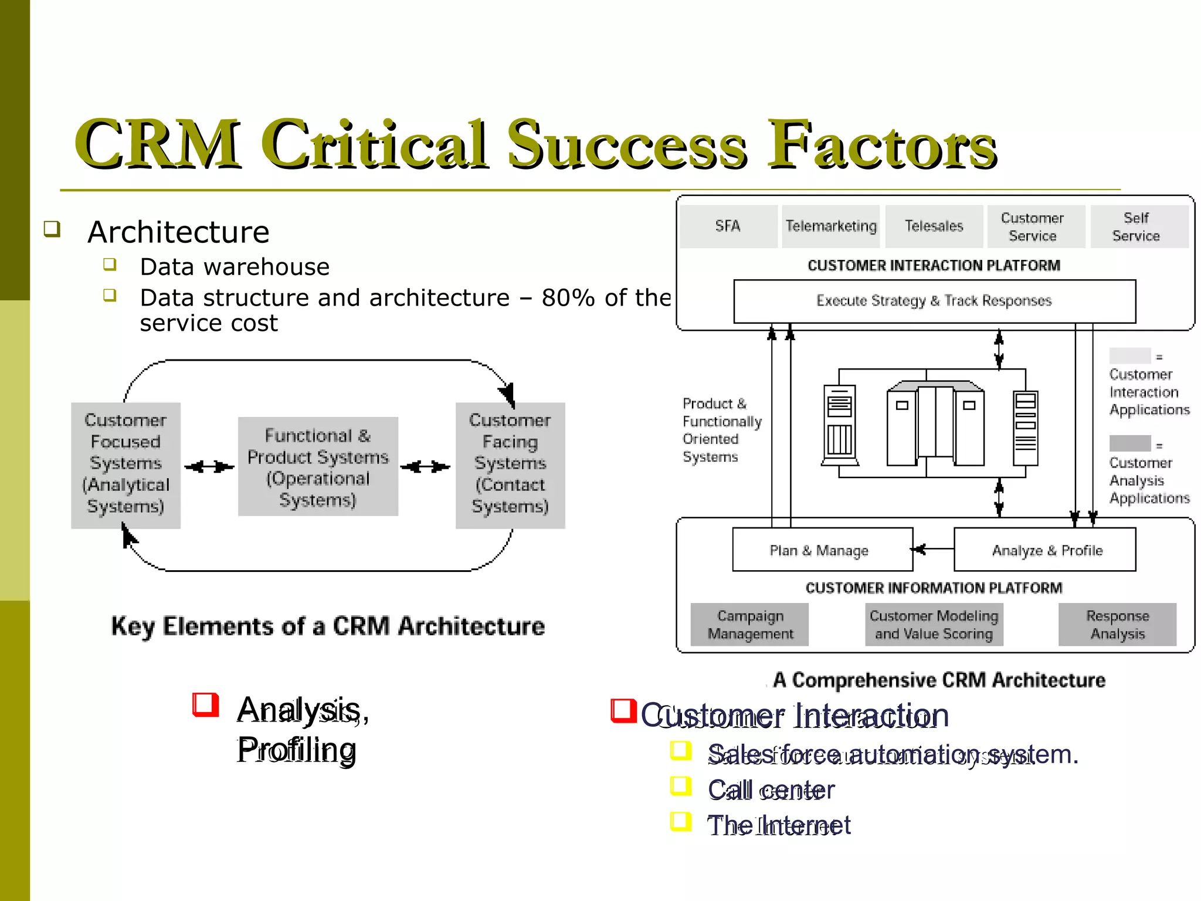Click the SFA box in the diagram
[728, 226]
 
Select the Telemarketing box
[830, 226]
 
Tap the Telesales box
[934, 226]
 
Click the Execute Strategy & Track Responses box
[934, 301]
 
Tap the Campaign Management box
[749, 625]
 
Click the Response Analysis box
[1117, 625]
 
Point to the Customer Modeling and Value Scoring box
[934, 625]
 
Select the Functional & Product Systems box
[318, 467]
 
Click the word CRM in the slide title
[157, 144]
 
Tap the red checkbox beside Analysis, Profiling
[205, 704]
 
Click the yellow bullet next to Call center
[681, 786]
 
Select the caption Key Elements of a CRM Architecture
[328, 626]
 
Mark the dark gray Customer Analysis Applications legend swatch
[1129, 443]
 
